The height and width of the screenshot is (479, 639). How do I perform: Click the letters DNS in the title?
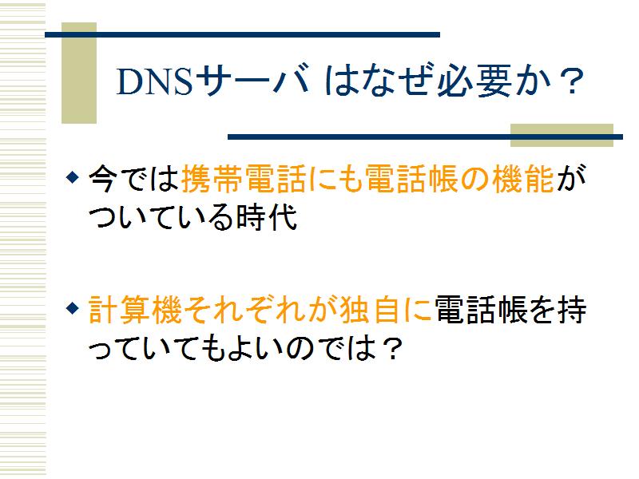pos(154,81)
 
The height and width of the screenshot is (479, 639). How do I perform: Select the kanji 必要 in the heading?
pos(474,81)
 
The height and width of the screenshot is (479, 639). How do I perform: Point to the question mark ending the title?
pos(571,81)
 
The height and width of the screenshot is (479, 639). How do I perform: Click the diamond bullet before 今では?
pos(72,177)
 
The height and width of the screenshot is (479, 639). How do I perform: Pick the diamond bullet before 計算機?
pos(72,308)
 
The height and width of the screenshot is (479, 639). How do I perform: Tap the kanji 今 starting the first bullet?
pos(103,178)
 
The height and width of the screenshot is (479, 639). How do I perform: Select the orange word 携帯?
pos(212,178)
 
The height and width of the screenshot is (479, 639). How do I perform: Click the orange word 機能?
pos(523,178)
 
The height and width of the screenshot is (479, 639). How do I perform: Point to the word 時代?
pos(267,216)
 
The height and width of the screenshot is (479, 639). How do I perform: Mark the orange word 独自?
pos(369,310)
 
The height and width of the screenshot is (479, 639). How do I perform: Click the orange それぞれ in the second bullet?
pos(244,310)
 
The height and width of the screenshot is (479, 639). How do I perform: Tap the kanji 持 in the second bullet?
pos(572,310)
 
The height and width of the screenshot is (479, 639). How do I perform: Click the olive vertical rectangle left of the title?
pos(79,73)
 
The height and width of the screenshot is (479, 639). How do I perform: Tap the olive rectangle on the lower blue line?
pos(562,135)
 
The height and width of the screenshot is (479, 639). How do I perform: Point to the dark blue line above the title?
pos(243,34)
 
